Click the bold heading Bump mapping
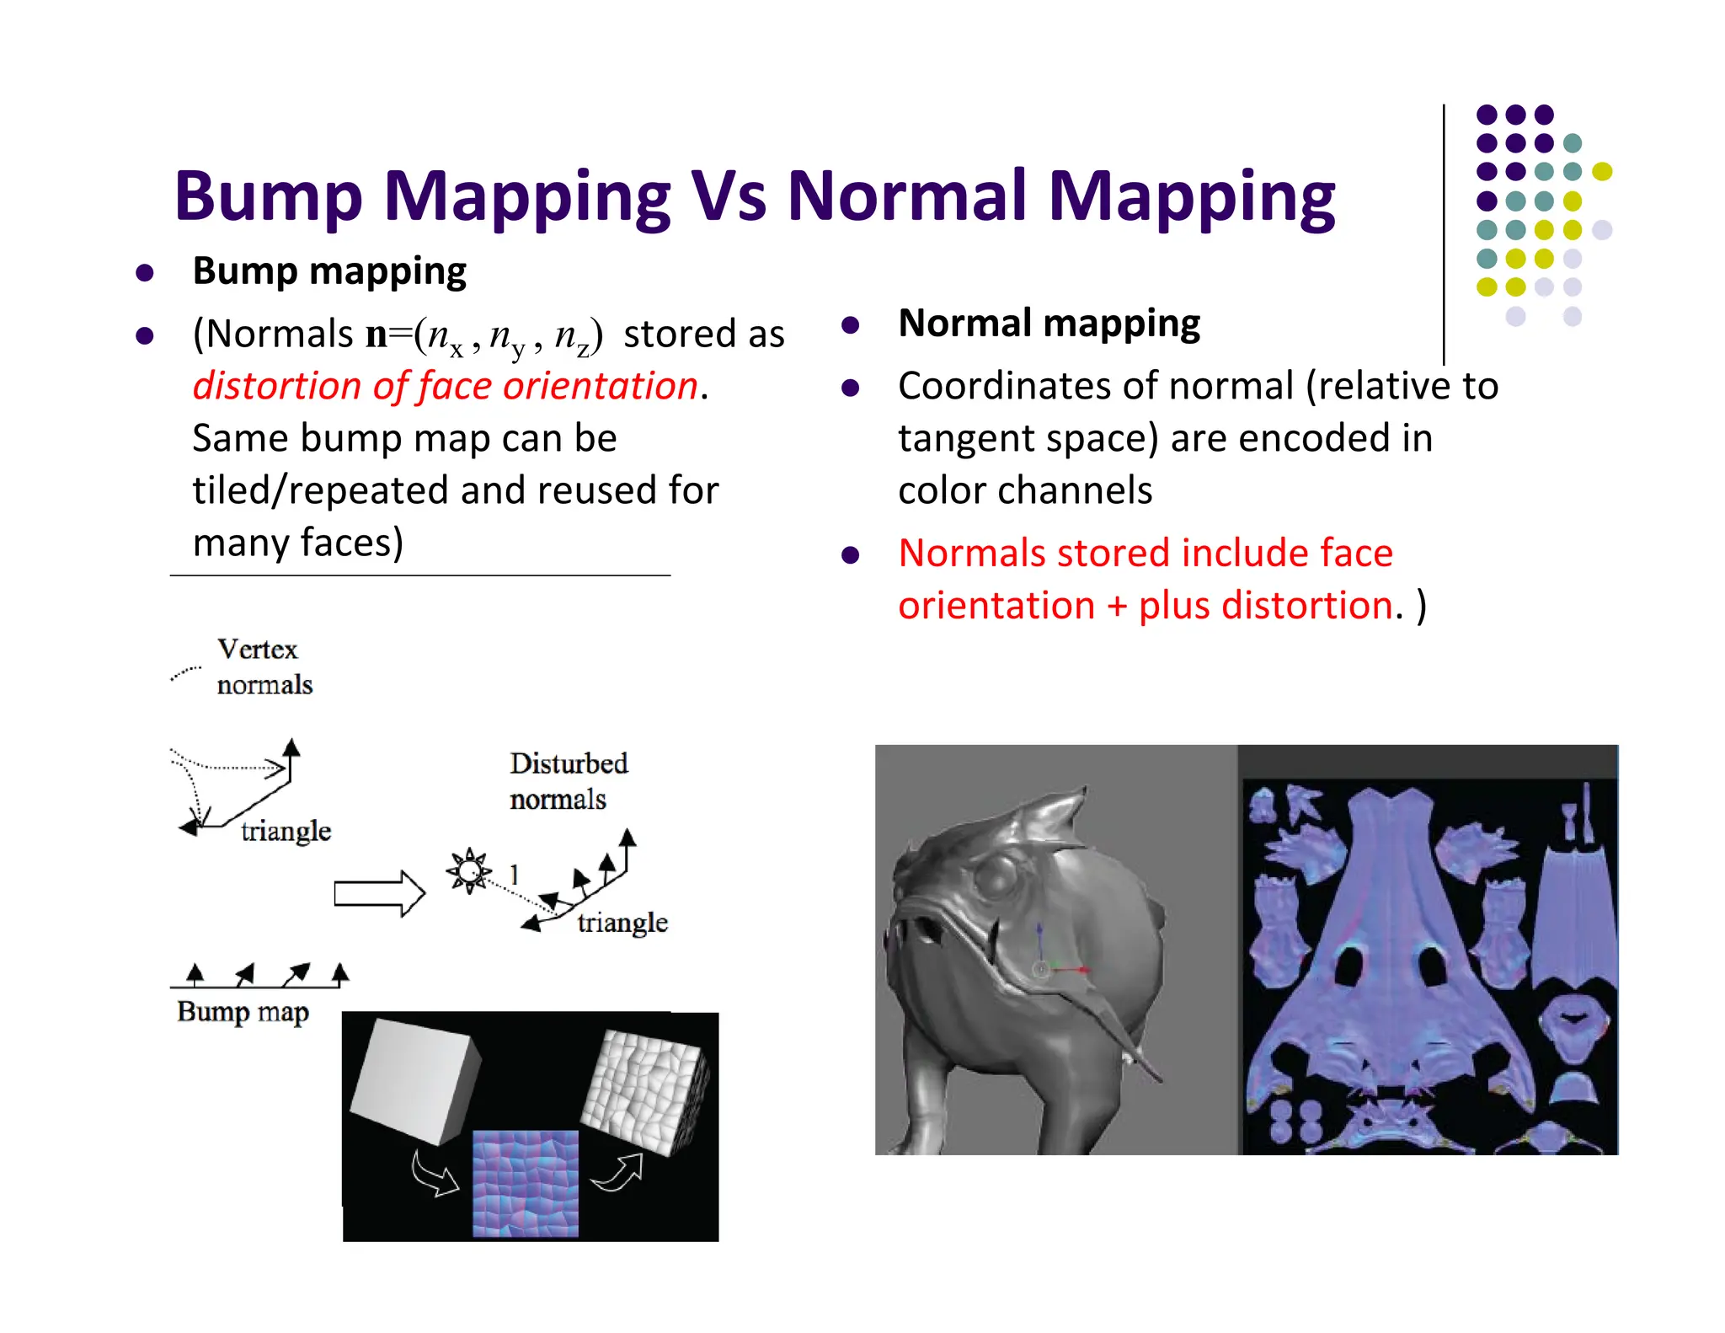tap(329, 271)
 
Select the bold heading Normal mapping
tap(1049, 324)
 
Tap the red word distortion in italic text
tap(277, 386)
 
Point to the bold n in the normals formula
tap(376, 335)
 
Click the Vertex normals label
tap(263, 666)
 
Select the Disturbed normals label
tap(568, 781)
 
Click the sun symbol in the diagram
tap(468, 870)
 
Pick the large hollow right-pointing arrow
tap(378, 892)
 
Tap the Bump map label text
tap(243, 1011)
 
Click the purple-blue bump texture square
tap(526, 1183)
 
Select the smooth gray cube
tap(414, 1079)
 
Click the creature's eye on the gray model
tap(999, 878)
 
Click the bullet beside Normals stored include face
tap(851, 555)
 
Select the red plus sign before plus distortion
tap(1117, 607)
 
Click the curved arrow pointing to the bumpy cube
tap(618, 1174)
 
